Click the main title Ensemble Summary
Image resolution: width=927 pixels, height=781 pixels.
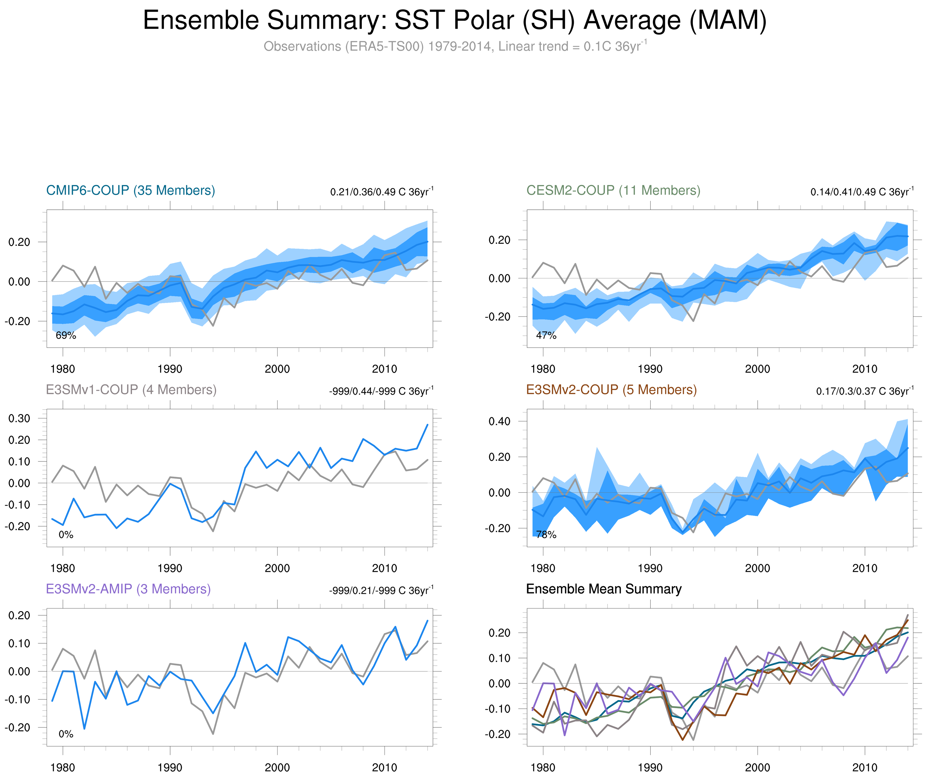454,21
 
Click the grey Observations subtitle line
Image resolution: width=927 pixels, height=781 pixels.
454,46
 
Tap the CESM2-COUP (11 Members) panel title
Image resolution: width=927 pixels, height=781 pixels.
613,190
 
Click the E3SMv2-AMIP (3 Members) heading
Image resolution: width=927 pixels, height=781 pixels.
128,589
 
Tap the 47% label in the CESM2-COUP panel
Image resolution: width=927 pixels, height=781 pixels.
546,336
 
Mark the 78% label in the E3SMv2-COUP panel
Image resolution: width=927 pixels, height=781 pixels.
546,535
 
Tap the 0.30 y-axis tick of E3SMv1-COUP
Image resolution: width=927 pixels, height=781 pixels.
19,418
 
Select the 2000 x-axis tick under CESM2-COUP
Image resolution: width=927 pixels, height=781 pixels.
757,369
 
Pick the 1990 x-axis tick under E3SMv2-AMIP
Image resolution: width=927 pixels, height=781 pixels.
170,768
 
